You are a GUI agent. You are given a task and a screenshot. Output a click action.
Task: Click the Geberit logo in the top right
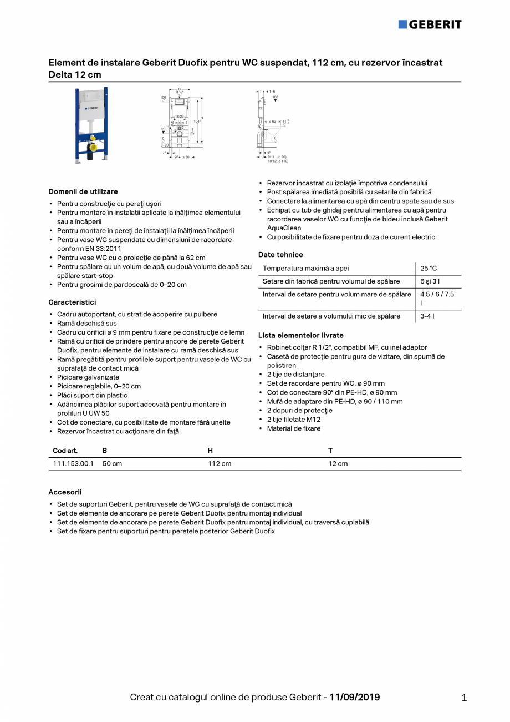[x=430, y=24]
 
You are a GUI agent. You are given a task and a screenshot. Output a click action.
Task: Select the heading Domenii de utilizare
[x=83, y=191]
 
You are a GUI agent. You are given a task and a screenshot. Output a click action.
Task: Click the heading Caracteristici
[x=72, y=302]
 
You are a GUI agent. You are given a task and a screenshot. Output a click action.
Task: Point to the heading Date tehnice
[x=280, y=255]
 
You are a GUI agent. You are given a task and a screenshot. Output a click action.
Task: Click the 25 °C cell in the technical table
[x=429, y=269]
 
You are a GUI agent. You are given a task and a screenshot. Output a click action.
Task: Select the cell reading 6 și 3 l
[x=430, y=281]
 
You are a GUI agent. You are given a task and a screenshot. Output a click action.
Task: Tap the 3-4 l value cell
[x=427, y=316]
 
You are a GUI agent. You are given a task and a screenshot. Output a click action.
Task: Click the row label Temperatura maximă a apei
[x=305, y=269]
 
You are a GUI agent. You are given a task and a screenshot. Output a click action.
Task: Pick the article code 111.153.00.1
[x=73, y=464]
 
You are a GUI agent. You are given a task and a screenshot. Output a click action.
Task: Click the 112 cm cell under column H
[x=220, y=464]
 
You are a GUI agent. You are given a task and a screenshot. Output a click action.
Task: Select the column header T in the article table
[x=330, y=451]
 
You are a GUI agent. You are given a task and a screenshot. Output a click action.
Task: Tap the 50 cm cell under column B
[x=112, y=464]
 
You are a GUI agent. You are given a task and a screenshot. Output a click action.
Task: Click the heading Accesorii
[x=65, y=492]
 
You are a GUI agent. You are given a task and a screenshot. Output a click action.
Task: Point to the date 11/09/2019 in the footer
[x=355, y=697]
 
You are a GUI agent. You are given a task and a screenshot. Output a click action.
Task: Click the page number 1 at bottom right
[x=464, y=699]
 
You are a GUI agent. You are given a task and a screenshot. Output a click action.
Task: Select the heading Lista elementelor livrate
[x=301, y=335]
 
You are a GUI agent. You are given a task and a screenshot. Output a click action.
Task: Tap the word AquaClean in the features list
[x=284, y=228]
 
